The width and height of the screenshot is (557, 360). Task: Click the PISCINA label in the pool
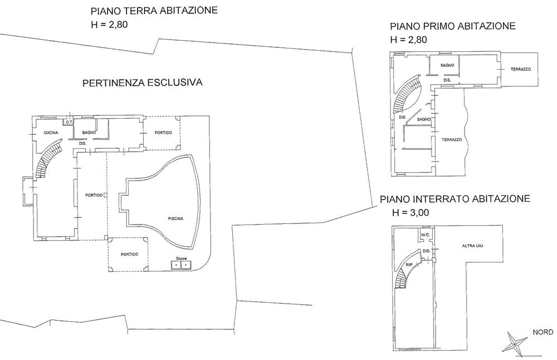(x=176, y=218)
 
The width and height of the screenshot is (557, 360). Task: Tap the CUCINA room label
(x=51, y=133)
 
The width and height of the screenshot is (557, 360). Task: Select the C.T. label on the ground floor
(x=68, y=123)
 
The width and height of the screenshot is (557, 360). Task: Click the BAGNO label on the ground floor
(x=89, y=133)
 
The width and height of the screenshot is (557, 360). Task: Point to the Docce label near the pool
(x=182, y=259)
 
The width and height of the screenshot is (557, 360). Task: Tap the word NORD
(x=543, y=332)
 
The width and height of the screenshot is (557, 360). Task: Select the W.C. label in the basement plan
(x=425, y=235)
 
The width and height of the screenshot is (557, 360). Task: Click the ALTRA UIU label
(x=472, y=246)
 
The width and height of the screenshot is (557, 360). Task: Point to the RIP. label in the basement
(x=409, y=265)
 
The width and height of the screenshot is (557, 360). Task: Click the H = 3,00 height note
(x=411, y=212)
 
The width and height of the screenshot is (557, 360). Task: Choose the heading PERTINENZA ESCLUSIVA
(x=143, y=82)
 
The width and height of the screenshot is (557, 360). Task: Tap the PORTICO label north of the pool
(x=163, y=133)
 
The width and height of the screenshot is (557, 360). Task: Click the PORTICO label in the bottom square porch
(x=129, y=255)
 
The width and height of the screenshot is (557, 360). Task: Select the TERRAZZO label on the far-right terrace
(x=521, y=69)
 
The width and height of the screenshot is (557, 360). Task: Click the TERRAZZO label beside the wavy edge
(x=452, y=140)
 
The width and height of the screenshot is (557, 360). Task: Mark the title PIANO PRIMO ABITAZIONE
(x=452, y=26)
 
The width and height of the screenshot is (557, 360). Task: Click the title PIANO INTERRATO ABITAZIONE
(x=455, y=198)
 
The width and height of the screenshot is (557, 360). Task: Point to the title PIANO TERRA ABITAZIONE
(x=154, y=10)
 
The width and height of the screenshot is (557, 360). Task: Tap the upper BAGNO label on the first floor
(x=447, y=65)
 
